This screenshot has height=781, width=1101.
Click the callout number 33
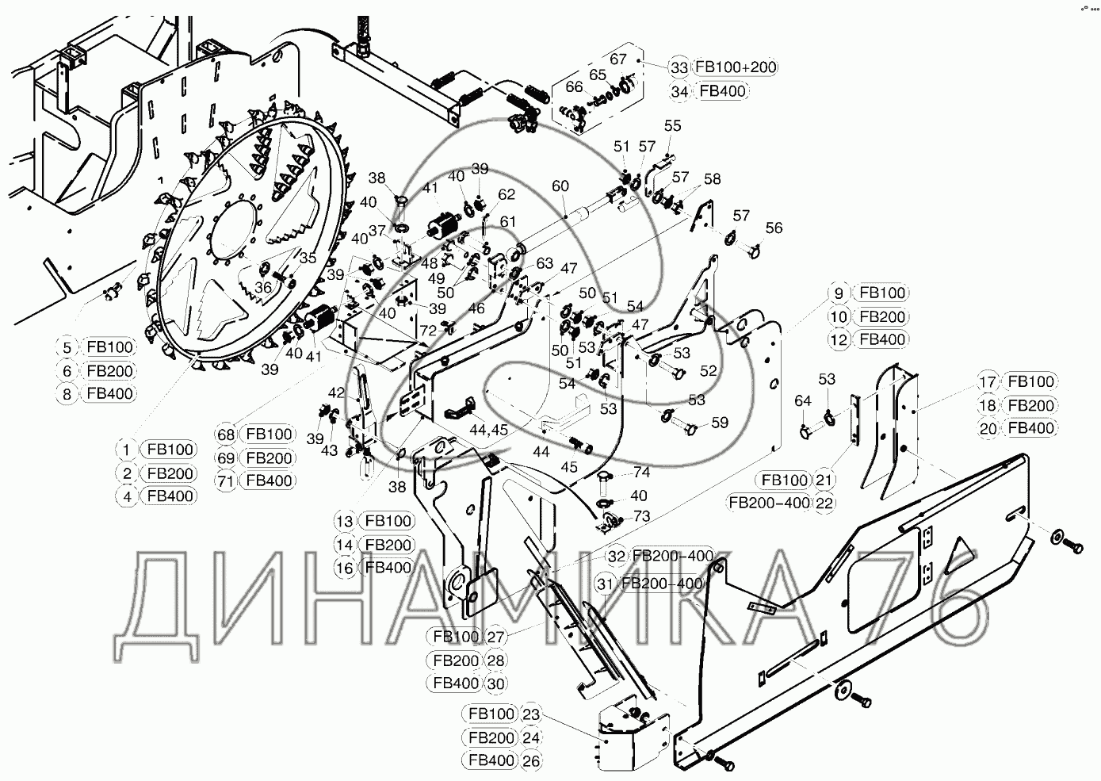[679, 67]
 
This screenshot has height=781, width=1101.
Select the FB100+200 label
[735, 67]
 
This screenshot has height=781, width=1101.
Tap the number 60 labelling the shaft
[560, 186]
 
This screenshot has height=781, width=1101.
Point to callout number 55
[672, 125]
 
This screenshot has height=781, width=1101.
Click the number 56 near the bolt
[774, 228]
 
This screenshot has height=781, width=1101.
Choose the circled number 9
[839, 293]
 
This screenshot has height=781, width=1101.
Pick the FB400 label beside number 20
[1030, 428]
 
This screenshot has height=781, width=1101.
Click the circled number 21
[824, 480]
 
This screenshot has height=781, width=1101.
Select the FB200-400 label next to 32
[672, 556]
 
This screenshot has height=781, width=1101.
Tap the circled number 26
[531, 761]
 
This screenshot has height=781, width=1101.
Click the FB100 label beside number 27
[456, 637]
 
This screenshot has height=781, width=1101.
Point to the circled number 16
[345, 568]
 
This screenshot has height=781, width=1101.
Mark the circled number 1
[126, 450]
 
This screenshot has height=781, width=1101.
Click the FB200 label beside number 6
[109, 371]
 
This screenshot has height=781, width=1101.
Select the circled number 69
[226, 457]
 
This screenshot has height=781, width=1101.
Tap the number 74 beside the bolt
[641, 472]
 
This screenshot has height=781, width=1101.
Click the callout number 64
[803, 401]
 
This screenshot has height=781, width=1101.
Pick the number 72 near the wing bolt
[428, 331]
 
